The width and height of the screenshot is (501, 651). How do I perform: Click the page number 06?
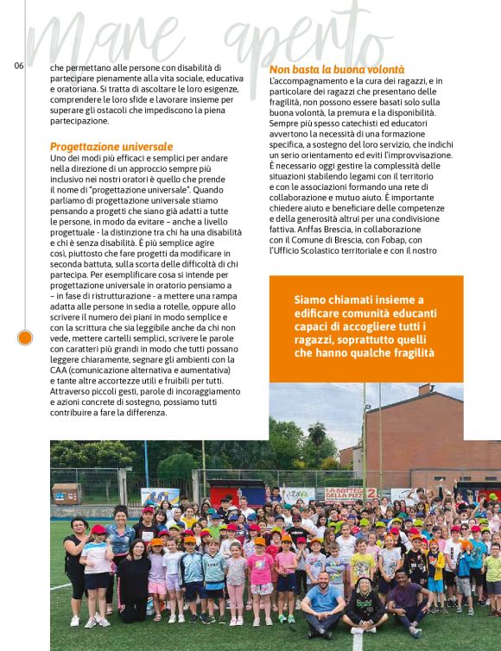click(19, 66)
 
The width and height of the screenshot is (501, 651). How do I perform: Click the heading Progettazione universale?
click(111, 147)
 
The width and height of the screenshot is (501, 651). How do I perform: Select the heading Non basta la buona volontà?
click(337, 69)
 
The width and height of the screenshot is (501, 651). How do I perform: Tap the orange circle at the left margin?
click(25, 337)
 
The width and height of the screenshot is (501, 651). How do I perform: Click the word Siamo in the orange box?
click(314, 299)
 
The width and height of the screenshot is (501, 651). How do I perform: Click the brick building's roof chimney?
click(425, 390)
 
